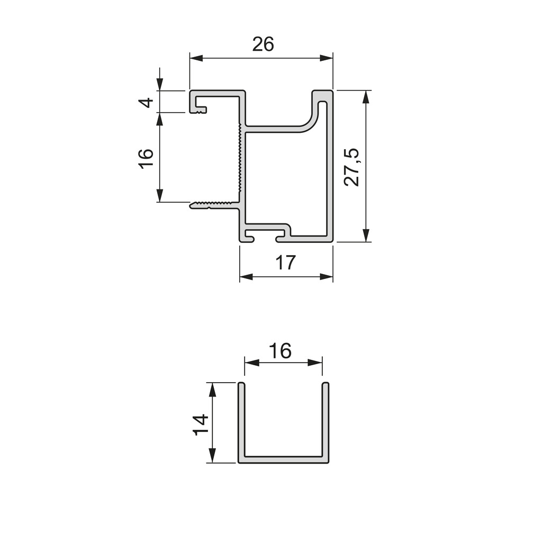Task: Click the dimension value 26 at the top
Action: [x=263, y=45]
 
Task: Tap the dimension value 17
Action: [x=285, y=263]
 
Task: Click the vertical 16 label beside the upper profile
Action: [x=146, y=158]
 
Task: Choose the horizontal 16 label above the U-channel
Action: [x=280, y=350]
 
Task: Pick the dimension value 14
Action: [x=201, y=424]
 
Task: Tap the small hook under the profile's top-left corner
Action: [x=200, y=110]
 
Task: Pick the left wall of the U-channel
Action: [x=241, y=421]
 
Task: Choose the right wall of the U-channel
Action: [x=326, y=421]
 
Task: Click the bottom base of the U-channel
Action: [x=283, y=459]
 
